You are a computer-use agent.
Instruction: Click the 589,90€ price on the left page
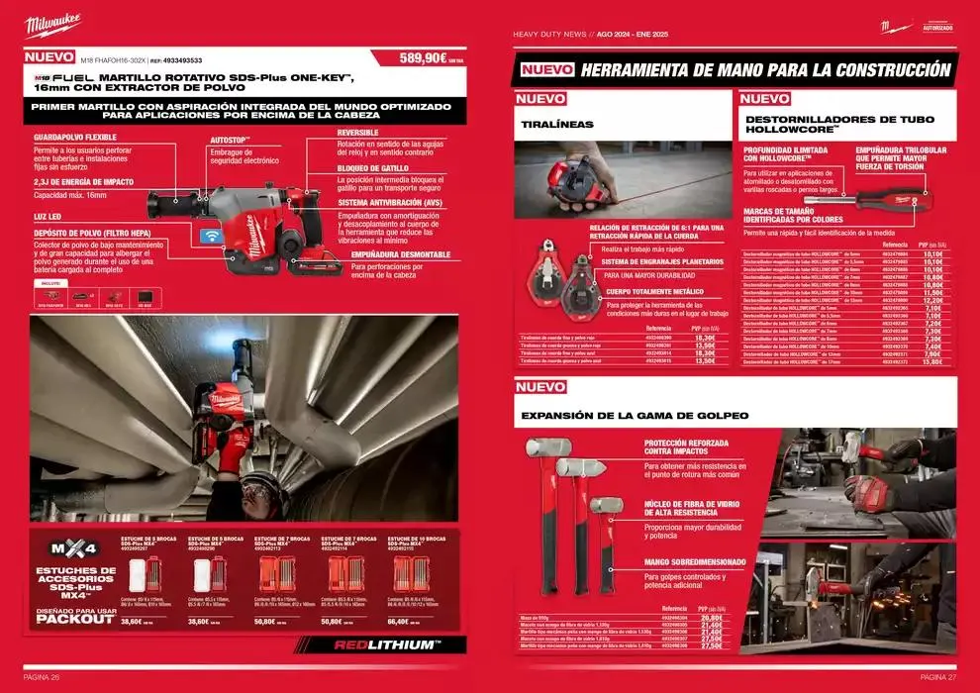tap(423, 58)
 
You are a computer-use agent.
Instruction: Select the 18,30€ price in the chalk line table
tap(704, 338)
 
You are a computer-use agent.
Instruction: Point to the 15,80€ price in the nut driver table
tap(931, 362)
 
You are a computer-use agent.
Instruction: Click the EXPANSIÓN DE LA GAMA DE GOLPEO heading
tap(635, 414)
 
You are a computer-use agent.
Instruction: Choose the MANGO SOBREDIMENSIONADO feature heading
tap(694, 561)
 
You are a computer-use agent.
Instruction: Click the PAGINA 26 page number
tap(43, 677)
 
